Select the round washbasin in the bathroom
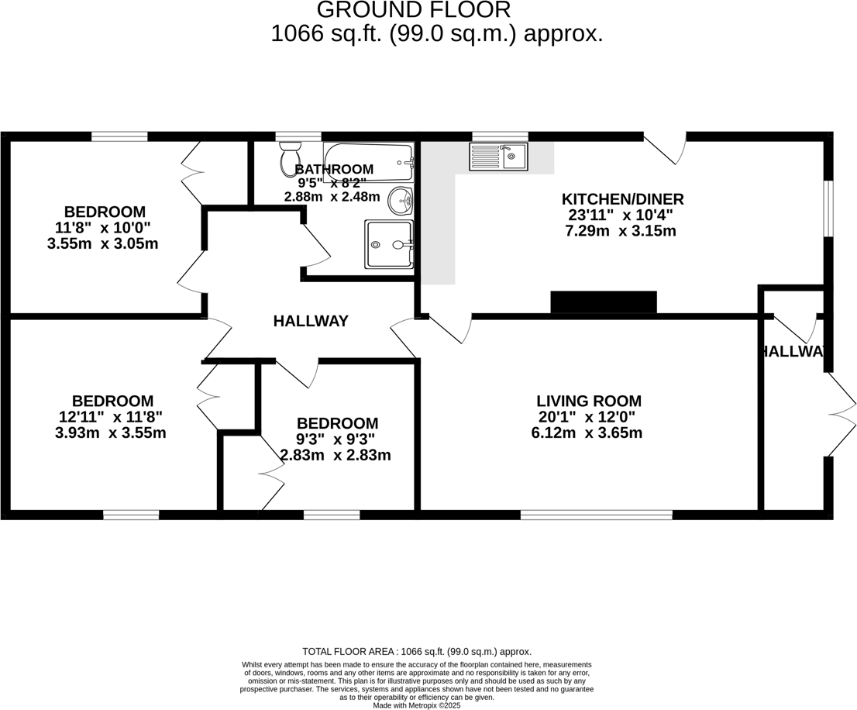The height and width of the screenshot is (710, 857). coord(401,201)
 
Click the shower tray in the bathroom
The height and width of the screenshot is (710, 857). coord(389,244)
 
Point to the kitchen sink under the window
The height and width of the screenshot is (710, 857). coord(497,157)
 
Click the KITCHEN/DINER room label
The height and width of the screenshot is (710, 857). coord(622,199)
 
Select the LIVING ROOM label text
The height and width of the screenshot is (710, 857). coord(589,401)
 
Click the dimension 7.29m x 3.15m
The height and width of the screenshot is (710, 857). coord(622,231)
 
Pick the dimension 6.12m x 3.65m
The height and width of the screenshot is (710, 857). coord(587,433)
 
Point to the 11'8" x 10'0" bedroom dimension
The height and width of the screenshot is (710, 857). coord(104,228)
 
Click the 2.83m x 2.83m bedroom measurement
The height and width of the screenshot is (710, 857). coord(336,455)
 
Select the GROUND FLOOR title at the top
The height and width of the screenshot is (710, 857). coord(414,10)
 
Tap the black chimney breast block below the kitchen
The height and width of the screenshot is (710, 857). coord(603,302)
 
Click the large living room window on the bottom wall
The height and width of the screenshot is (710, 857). coord(596,514)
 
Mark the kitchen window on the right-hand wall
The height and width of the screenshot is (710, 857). coord(828,208)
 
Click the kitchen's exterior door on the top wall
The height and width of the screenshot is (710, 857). coord(665,146)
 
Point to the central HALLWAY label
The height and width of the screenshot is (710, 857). coord(311,321)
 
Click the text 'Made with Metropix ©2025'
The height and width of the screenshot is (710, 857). coord(417,705)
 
